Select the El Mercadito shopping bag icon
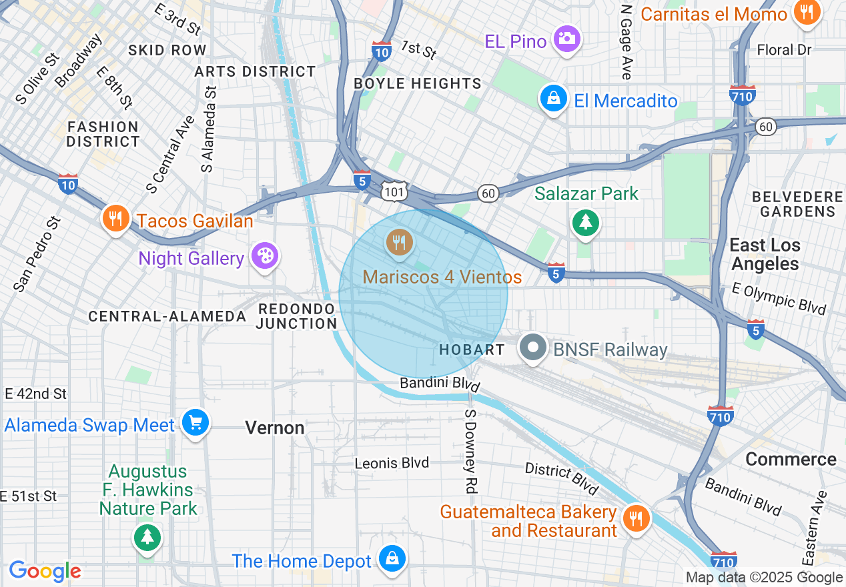pos(553,100)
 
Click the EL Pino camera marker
pos(567,39)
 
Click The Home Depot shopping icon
pos(392,559)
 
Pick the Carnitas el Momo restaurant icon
pos(807,13)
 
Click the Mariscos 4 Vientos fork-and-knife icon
pos(399,242)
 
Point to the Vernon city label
pos(275,428)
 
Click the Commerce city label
pos(791,459)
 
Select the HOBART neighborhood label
pos(472,350)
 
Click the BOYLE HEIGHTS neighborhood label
pos(418,83)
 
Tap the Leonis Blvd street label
pos(392,463)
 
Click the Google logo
pos(45,571)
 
